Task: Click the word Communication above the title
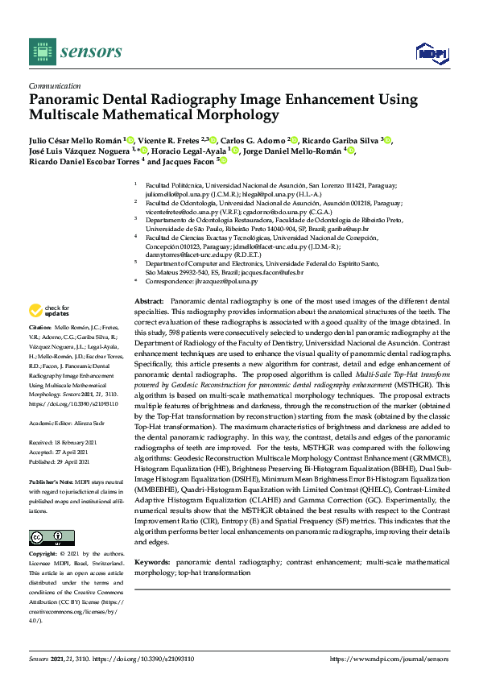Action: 55,85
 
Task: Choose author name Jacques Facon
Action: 190,160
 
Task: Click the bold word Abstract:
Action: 150,300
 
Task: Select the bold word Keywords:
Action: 153,560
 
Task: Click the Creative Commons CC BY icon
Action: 48,537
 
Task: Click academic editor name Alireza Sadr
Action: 93,422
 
